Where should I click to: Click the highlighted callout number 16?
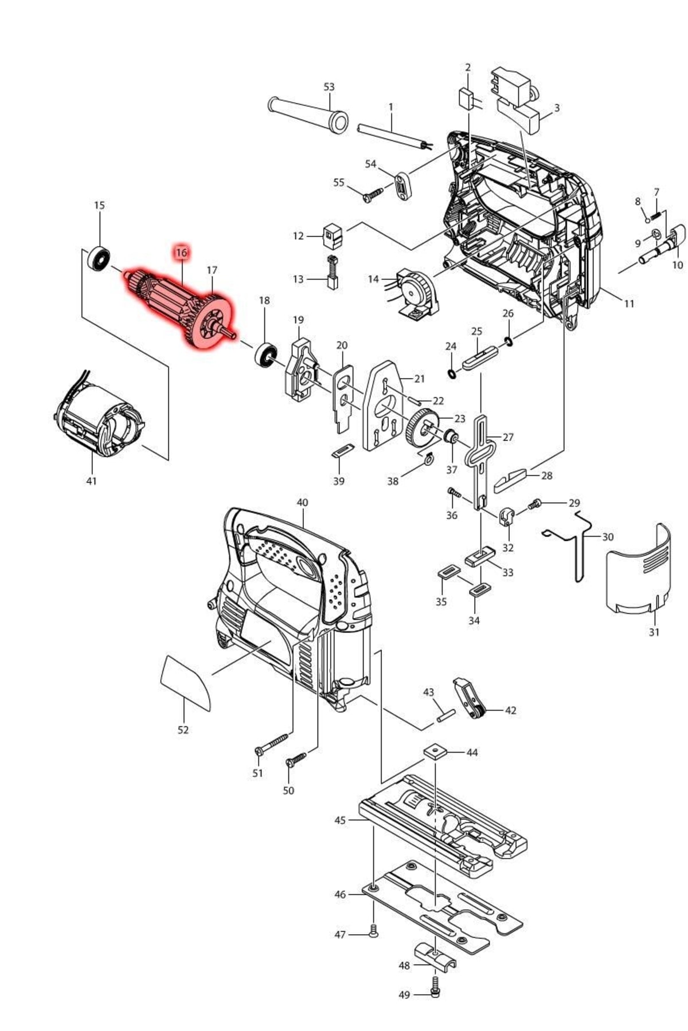[x=182, y=252]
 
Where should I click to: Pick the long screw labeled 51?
[x=272, y=743]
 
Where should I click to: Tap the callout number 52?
[x=183, y=730]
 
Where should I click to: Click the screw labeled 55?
[x=372, y=195]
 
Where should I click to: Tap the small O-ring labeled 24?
[x=452, y=374]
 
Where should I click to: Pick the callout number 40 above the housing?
[x=302, y=502]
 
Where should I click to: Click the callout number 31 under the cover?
[x=654, y=632]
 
